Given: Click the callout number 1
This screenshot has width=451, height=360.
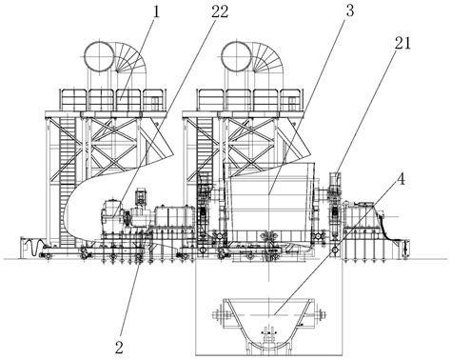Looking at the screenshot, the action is [x=156, y=12].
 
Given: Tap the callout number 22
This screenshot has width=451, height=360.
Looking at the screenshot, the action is [x=219, y=12].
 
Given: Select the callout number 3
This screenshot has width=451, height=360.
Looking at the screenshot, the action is [x=349, y=10].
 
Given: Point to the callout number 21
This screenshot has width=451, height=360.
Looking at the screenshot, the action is [x=402, y=43].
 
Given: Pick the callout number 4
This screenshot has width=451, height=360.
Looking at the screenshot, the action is [x=402, y=180].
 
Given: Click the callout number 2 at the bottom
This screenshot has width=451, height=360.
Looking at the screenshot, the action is [x=119, y=348].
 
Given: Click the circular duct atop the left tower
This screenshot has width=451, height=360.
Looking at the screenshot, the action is [x=99, y=57].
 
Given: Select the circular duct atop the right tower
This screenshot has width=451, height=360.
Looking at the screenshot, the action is [x=236, y=57].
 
